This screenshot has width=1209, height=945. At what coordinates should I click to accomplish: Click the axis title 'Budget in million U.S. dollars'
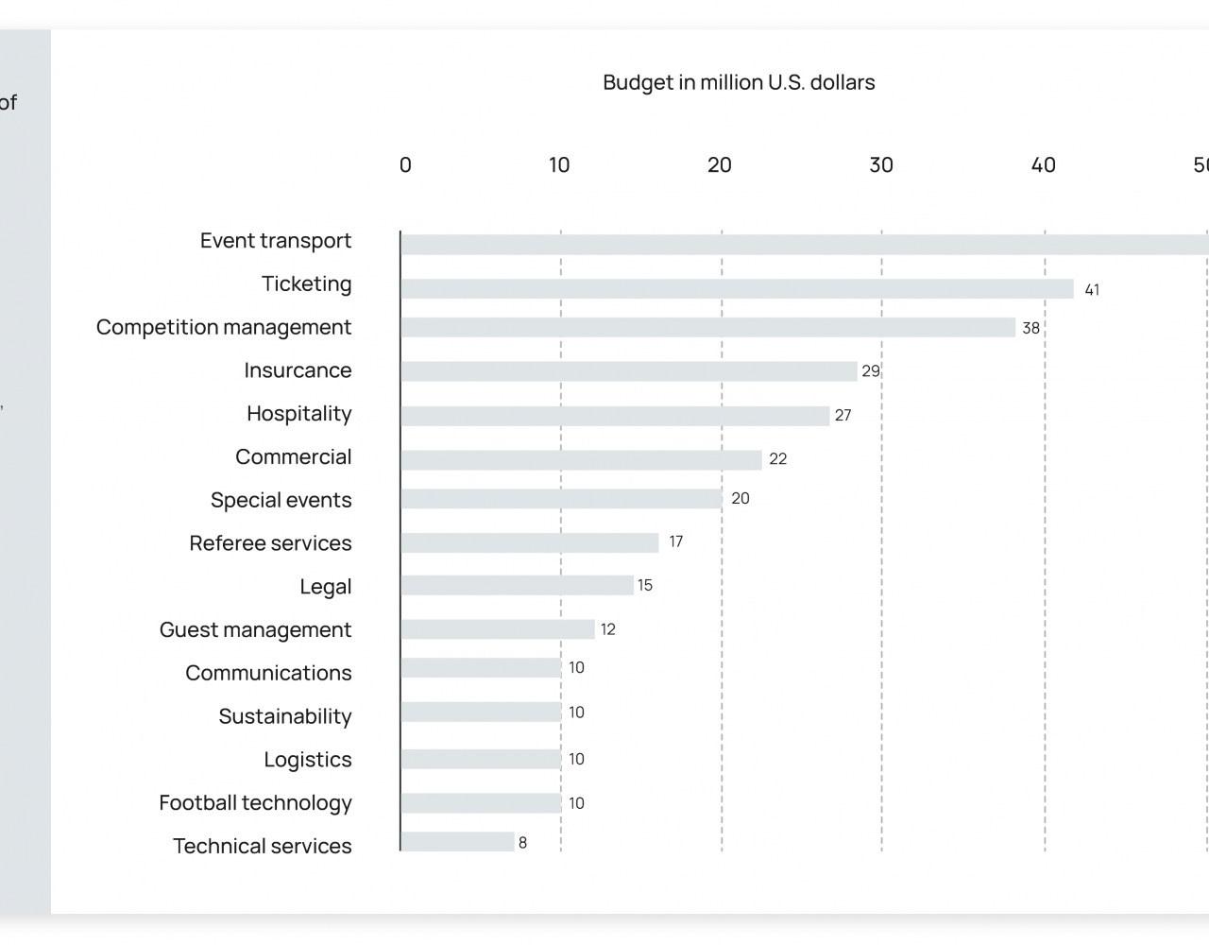tap(739, 83)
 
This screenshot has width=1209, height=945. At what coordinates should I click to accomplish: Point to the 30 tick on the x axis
tap(881, 165)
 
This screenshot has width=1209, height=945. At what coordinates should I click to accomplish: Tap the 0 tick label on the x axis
tap(405, 165)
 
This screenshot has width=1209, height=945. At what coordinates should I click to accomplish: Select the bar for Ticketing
tap(737, 289)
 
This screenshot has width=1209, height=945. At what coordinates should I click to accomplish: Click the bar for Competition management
tap(707, 328)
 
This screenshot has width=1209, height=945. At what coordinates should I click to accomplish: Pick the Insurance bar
tap(628, 371)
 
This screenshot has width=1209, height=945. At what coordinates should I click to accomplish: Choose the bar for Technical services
tap(457, 842)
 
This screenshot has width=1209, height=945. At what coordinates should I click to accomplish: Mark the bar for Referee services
tap(529, 542)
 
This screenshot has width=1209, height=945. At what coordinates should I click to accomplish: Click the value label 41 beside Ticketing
tap(1092, 290)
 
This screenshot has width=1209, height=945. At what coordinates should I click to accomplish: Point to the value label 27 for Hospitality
tap(843, 415)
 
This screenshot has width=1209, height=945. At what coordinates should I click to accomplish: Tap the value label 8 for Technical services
tap(522, 843)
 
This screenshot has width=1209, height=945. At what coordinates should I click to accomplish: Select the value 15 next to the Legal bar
tap(645, 586)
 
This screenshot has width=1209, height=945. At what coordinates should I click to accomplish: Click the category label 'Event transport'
tap(276, 241)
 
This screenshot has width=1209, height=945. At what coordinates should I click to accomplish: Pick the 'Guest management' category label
tap(255, 630)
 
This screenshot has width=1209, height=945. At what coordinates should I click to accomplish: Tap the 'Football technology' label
tap(255, 803)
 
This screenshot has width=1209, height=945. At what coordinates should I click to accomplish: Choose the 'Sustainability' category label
tap(284, 716)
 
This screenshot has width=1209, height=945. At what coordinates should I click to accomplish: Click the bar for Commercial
tap(581, 460)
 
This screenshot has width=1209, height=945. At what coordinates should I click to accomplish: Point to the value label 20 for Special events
tap(741, 499)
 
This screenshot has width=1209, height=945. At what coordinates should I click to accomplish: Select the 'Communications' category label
tap(268, 673)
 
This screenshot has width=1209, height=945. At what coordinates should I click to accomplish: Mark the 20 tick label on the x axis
tap(720, 165)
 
